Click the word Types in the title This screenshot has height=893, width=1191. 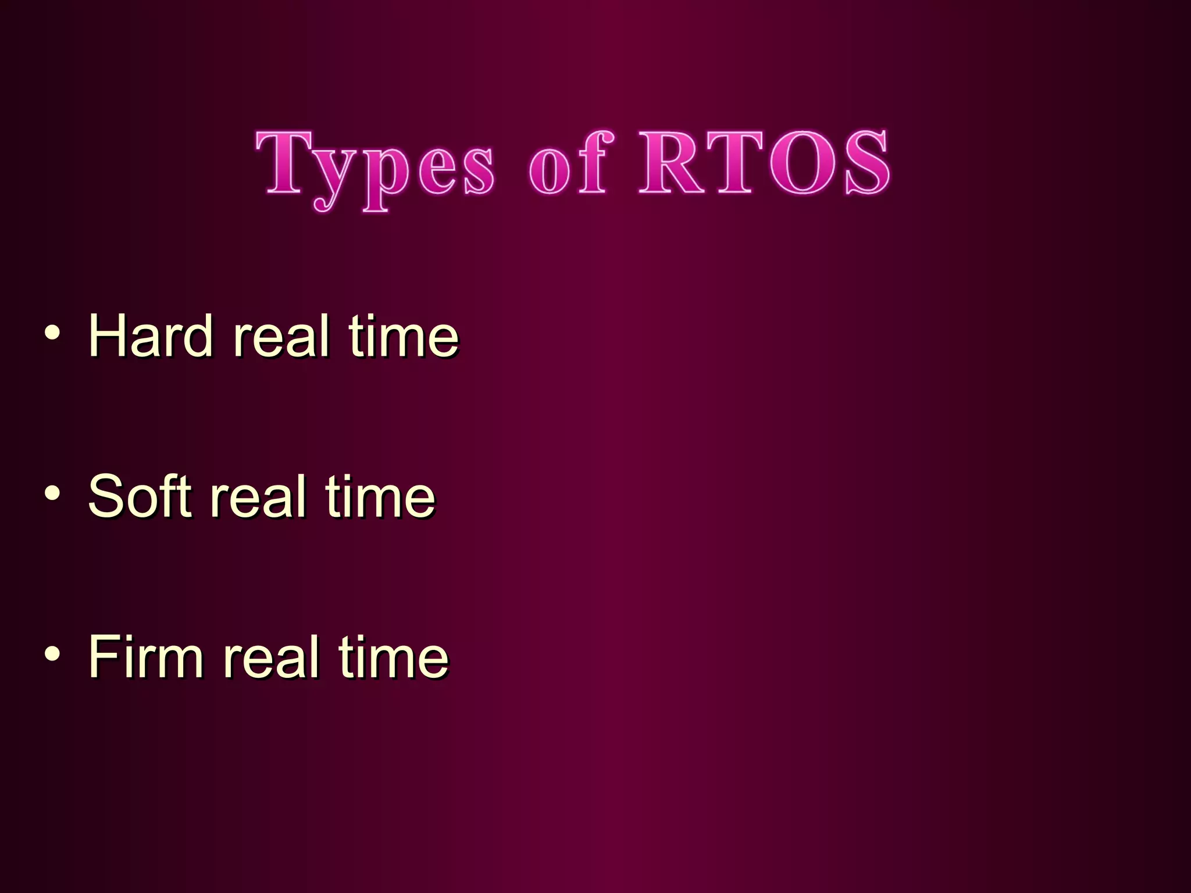point(375,166)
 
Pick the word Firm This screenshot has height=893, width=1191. point(146,656)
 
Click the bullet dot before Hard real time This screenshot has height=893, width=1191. point(52,333)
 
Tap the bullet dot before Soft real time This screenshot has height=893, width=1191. point(52,493)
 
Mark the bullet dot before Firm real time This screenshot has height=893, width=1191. point(52,653)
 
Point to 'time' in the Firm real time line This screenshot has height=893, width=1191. point(394,656)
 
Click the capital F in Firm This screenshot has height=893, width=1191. point(105,656)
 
